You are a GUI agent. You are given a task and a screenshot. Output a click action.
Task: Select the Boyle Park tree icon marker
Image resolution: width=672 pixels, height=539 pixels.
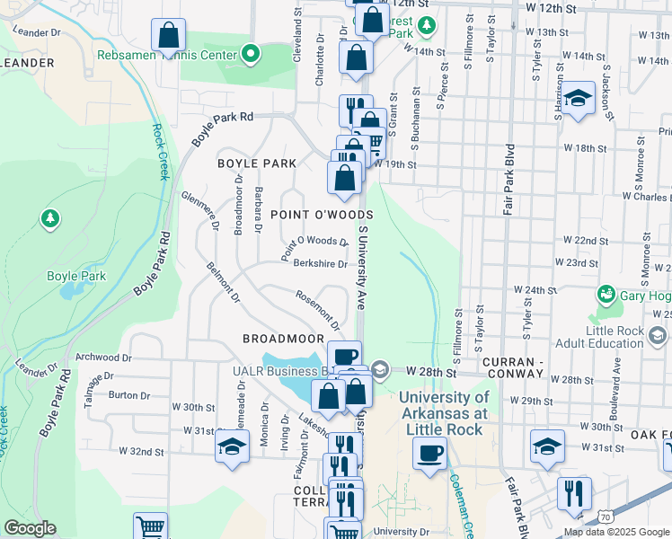click(50, 218)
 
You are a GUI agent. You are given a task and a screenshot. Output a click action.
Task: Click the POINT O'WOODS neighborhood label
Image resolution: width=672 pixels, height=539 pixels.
click(322, 216)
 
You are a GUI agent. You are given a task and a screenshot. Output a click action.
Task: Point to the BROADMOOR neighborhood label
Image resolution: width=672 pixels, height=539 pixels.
click(283, 339)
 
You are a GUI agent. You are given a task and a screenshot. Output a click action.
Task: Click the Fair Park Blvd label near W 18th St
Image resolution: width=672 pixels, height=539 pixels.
click(508, 181)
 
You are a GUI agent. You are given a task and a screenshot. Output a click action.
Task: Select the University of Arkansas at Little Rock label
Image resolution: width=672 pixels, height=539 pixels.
click(444, 412)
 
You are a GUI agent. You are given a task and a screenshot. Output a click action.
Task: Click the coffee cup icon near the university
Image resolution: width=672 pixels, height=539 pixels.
click(430, 452)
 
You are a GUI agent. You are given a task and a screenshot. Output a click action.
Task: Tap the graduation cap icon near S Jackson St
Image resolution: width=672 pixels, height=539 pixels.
click(578, 97)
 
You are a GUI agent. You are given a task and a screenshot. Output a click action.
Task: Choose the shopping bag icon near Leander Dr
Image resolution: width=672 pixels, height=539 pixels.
click(168, 36)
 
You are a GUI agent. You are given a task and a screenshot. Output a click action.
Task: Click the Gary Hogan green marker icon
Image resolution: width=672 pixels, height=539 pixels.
click(606, 295)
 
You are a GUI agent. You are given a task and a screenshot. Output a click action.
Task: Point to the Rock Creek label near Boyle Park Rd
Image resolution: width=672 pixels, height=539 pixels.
click(159, 151)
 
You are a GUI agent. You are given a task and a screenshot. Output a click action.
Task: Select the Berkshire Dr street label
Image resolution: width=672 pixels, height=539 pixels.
click(321, 264)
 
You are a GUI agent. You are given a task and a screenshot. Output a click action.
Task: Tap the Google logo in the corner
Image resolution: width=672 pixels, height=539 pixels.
click(30, 528)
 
